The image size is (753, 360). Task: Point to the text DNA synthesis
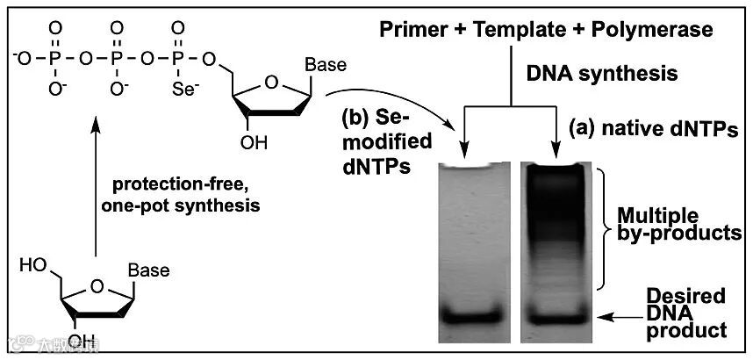point(601,74)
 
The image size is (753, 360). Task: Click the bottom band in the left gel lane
point(471,314)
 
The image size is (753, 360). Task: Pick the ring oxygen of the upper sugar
point(273,83)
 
